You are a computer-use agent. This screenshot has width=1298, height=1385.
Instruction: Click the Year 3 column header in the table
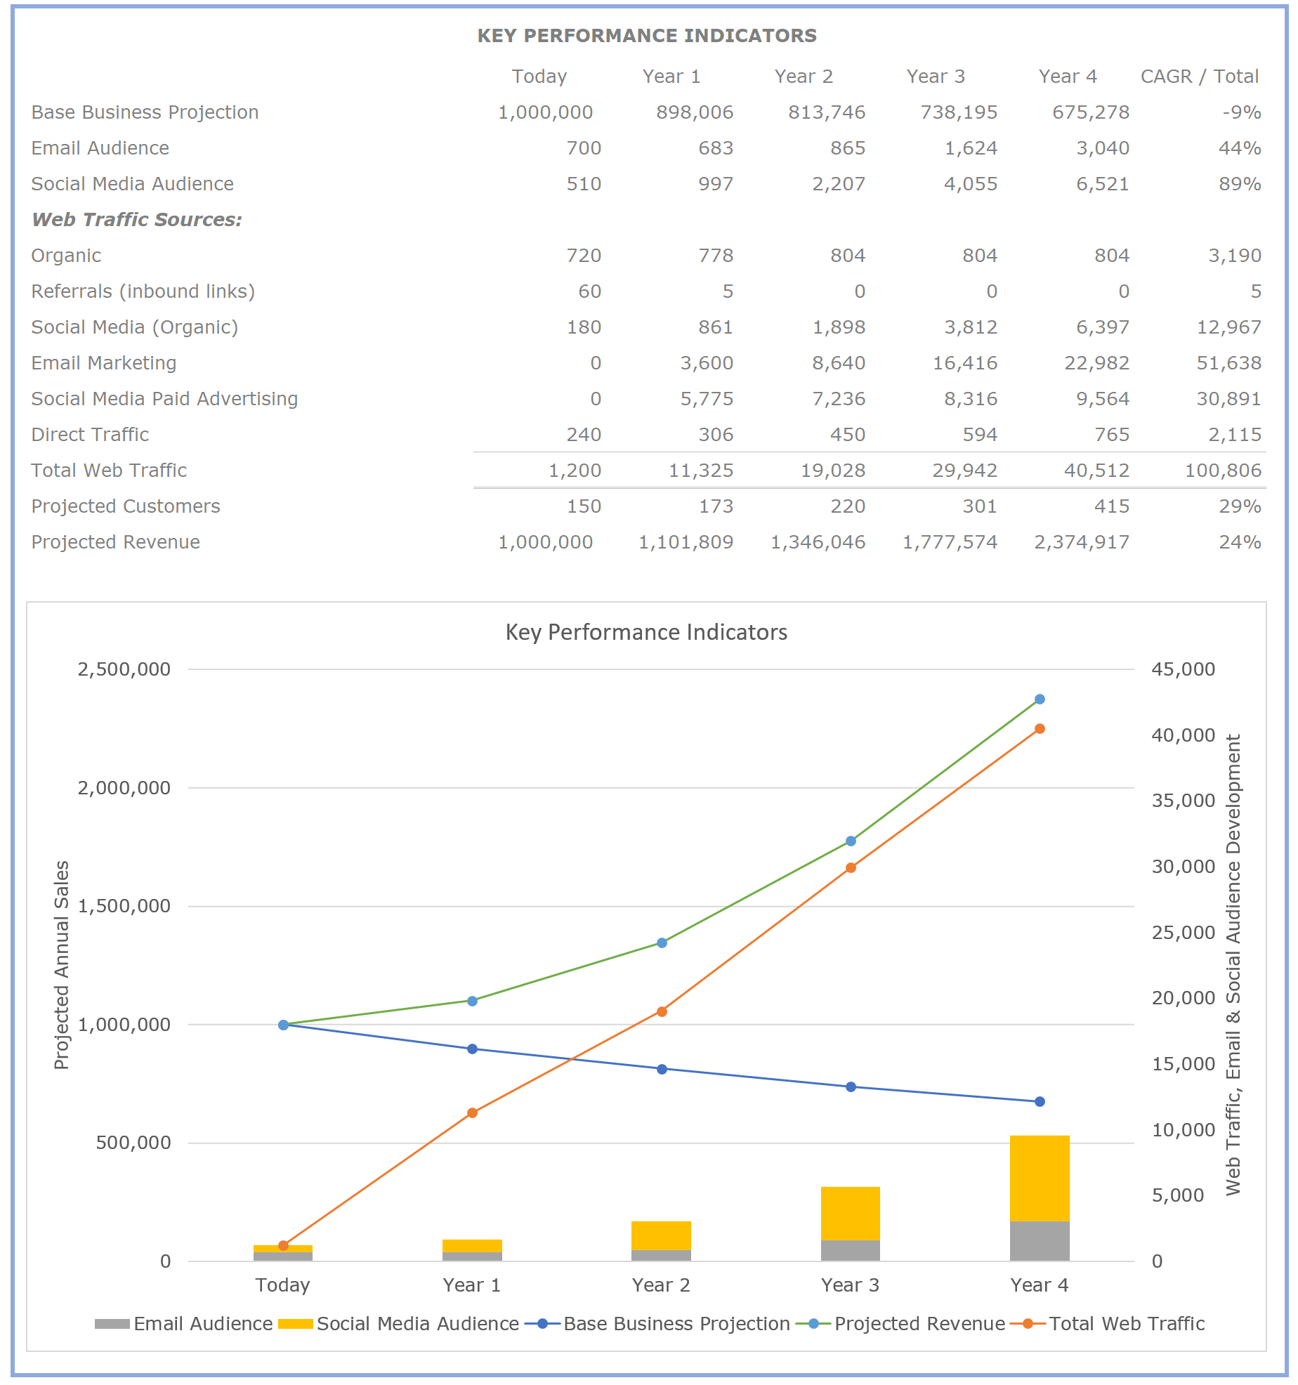point(936,77)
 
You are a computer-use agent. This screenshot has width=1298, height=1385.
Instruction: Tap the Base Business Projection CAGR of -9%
point(1241,112)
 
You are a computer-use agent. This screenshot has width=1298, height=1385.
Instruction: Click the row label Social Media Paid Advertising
point(164,399)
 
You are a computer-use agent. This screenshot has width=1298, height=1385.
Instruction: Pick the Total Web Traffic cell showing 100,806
point(1223,471)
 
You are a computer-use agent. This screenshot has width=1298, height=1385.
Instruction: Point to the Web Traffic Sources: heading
point(137,220)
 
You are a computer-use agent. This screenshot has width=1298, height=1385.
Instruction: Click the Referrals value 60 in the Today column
point(589,291)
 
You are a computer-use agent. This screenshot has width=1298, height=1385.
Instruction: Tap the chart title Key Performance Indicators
point(646,632)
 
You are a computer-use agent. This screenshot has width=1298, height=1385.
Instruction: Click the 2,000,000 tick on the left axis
point(124,788)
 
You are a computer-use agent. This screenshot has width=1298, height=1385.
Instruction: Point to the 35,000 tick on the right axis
point(1183,801)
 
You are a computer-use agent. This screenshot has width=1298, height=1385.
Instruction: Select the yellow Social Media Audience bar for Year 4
point(1040,1178)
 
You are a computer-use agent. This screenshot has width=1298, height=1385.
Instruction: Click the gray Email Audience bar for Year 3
point(850,1250)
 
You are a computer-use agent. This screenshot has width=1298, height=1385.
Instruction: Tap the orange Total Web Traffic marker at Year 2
point(662,1011)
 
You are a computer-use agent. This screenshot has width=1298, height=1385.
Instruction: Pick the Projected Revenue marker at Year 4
point(1040,700)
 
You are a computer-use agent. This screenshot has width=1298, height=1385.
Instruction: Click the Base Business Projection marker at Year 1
point(472,1049)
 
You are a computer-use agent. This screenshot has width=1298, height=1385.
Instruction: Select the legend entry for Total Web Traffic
point(1126,1324)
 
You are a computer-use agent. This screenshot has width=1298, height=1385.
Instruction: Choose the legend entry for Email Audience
point(202,1324)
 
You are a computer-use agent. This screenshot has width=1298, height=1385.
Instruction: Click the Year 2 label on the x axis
point(661,1285)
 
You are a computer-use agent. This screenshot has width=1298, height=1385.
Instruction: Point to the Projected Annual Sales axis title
point(62,965)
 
